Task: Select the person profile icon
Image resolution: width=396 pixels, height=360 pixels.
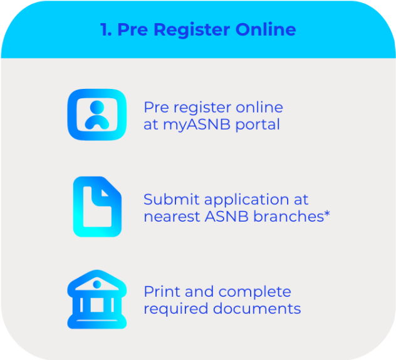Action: [x=96, y=115]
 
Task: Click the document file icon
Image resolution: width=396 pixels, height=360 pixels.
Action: [x=96, y=207]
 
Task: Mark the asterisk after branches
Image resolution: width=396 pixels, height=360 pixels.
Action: [x=327, y=214]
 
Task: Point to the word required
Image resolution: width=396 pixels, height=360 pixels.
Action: [x=173, y=309]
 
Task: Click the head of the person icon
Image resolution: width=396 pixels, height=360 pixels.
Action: [x=96, y=106]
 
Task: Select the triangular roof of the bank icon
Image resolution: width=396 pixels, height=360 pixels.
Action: [x=96, y=279]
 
